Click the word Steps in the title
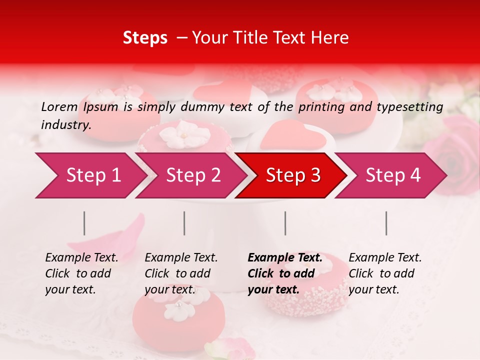pyautogui.click(x=145, y=38)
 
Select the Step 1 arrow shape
pyautogui.click(x=90, y=175)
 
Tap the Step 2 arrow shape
pyautogui.click(x=190, y=175)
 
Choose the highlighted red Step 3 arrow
pyautogui.click(x=290, y=175)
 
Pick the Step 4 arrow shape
pyautogui.click(x=390, y=175)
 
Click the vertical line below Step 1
pyautogui.click(x=84, y=223)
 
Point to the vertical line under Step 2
pyautogui.click(x=184, y=223)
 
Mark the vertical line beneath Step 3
pyautogui.click(x=285, y=223)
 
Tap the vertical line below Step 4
pyautogui.click(x=386, y=223)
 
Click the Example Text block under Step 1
pyautogui.click(x=81, y=273)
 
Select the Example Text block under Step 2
pyautogui.click(x=181, y=273)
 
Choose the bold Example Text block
pyautogui.click(x=285, y=273)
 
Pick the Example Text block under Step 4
pyautogui.click(x=385, y=273)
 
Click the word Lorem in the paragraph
pyautogui.click(x=59, y=106)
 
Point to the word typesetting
pyautogui.click(x=409, y=107)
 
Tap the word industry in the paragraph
pyautogui.click(x=65, y=125)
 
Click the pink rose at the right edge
pyautogui.click(x=457, y=155)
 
